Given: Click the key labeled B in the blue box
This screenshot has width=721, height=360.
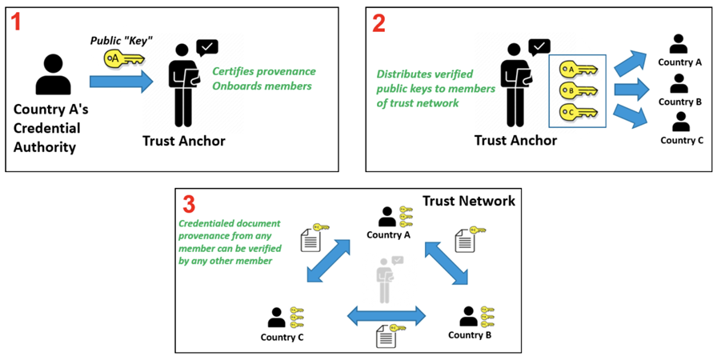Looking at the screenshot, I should click(578, 90).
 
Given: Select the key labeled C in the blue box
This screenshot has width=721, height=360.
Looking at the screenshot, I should click(578, 111).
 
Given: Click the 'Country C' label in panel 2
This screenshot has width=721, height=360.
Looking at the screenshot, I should click(682, 141).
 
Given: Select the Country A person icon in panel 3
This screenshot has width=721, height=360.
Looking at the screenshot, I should click(387, 217).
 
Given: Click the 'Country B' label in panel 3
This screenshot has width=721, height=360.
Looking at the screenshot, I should click(470, 334).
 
